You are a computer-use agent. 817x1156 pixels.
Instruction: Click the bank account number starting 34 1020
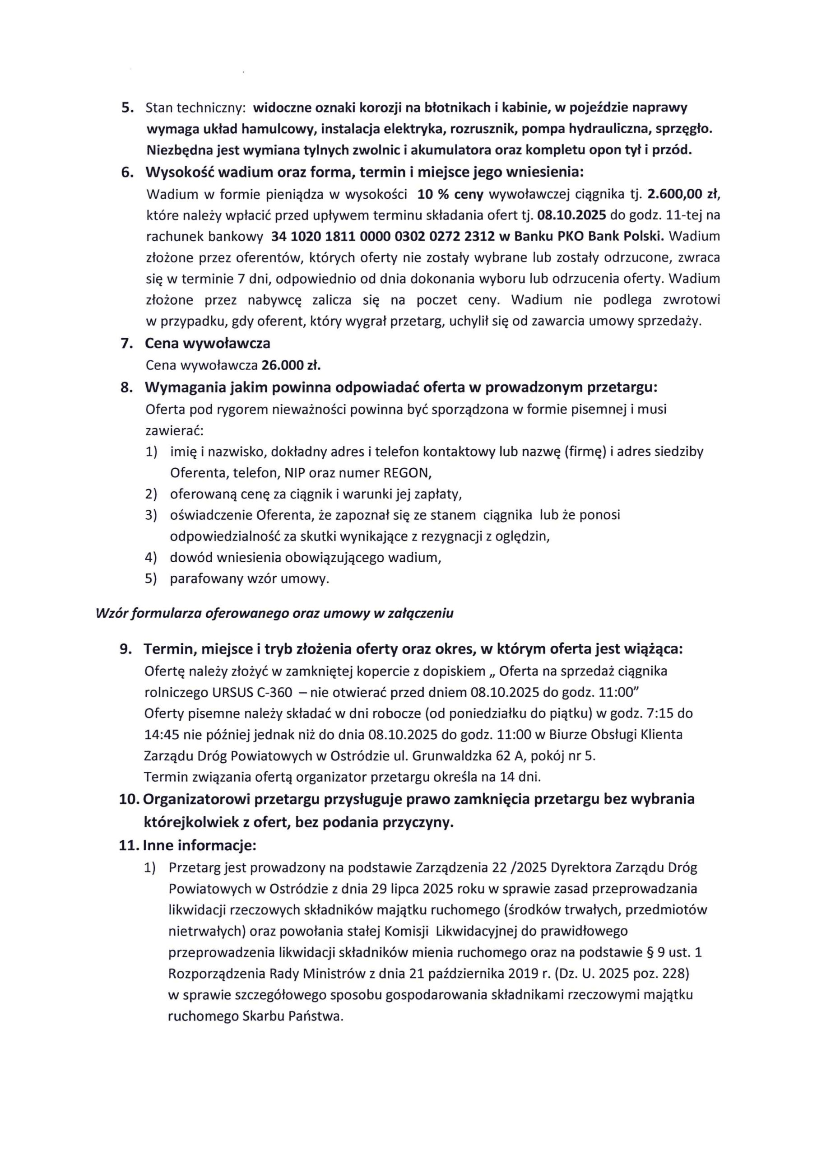[x=383, y=236]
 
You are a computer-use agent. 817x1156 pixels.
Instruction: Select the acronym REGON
[x=407, y=473]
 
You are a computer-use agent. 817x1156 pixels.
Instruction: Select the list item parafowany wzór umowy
[x=249, y=578]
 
